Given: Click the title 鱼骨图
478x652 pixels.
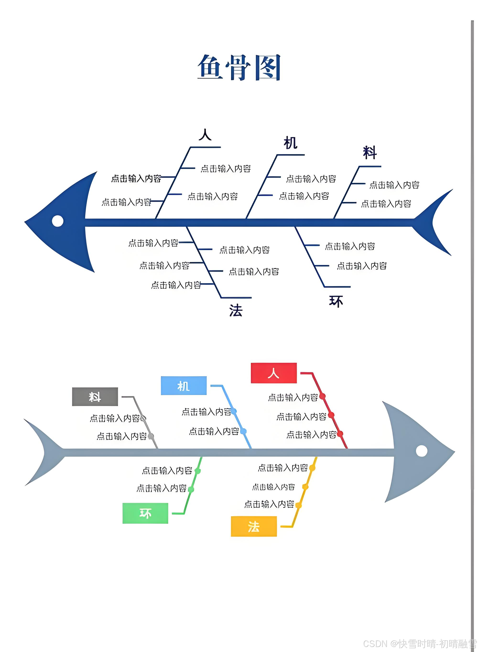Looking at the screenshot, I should pos(239,67).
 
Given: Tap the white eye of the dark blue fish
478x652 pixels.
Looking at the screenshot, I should pos(58,221).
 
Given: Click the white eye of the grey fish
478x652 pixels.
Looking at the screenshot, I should pos(421,451).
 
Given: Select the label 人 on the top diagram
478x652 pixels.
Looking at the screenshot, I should pos(205,135).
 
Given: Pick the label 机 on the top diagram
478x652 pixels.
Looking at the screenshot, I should pos(290,143).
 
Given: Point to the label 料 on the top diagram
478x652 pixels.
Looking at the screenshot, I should pos(370,152).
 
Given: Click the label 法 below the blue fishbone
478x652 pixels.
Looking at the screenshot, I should pos(236,311).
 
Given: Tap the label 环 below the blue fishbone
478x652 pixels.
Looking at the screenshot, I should pos(336,301).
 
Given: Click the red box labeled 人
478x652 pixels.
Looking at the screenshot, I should pos(274,373).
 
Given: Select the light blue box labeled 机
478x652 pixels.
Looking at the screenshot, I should pos(184,386).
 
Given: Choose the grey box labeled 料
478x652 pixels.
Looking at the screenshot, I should pos(95,397).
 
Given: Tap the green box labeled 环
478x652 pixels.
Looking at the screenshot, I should pos(145,513).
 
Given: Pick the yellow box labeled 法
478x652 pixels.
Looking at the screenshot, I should pos(254,527).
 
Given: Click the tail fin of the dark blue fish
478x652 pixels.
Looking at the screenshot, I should pos(435,222).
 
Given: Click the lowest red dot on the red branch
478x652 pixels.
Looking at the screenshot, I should pos(340,434).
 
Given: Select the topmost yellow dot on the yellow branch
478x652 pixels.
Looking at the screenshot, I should pos(312,468).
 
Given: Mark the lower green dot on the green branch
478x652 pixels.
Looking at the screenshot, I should pos(191,489).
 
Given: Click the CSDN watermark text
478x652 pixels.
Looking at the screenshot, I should pos(419,644).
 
